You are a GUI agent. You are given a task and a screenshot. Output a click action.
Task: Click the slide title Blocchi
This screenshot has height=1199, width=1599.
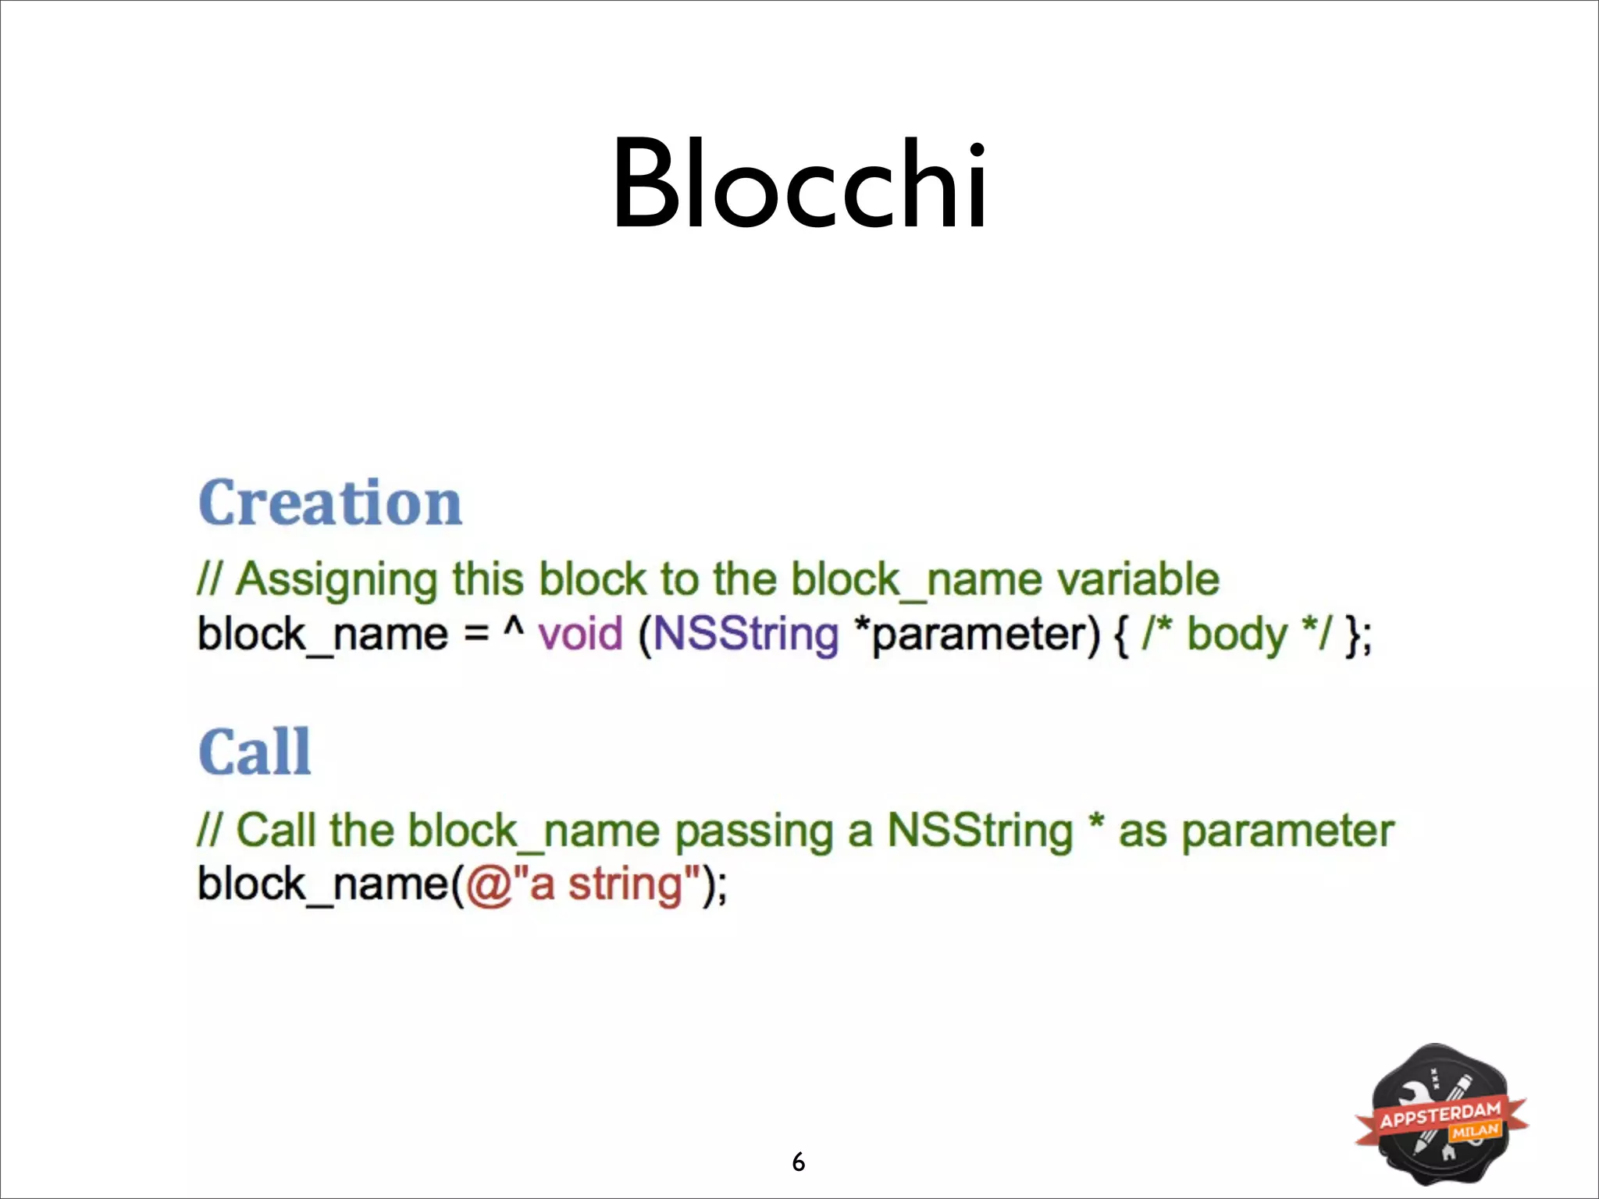799,185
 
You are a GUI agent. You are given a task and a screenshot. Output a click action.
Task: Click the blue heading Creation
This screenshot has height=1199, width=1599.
330,503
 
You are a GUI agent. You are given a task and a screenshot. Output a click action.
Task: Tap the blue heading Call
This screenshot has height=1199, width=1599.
255,752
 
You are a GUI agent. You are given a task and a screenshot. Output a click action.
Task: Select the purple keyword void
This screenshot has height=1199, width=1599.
580,633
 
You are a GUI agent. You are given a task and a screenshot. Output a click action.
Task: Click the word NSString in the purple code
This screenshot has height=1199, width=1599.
746,633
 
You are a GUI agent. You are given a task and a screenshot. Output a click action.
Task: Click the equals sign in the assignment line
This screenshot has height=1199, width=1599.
476,633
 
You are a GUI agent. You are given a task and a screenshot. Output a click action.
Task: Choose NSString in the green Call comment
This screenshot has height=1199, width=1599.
980,831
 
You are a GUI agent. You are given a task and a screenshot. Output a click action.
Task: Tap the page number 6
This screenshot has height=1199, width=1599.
798,1162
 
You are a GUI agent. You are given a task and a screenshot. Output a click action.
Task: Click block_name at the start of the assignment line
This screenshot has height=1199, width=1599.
322,635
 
